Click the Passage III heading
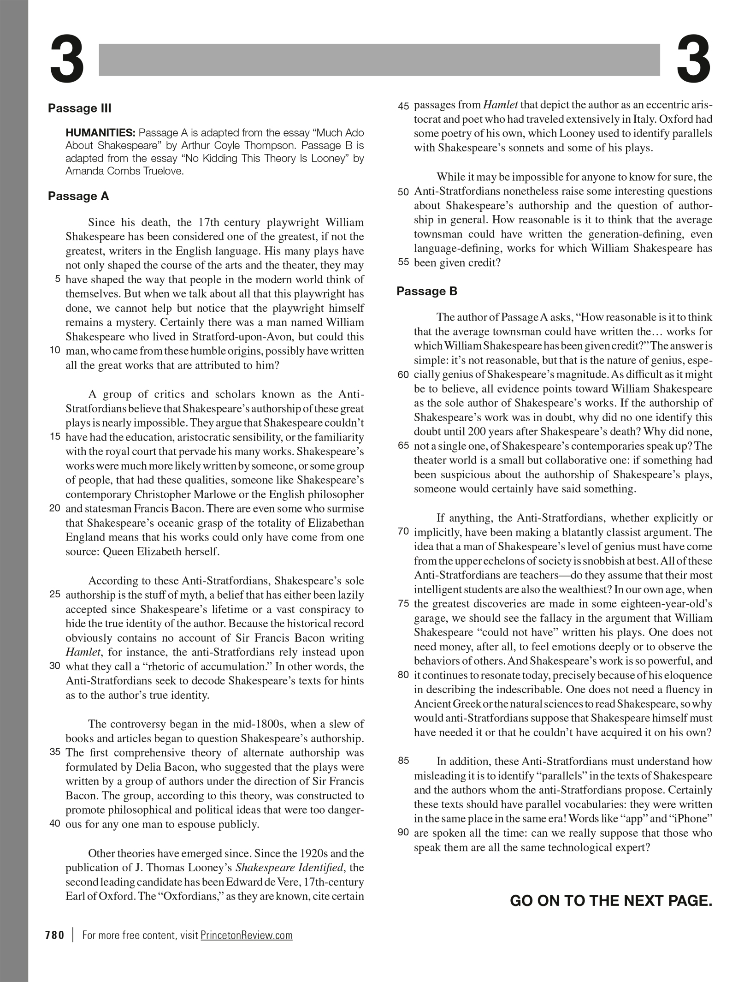coord(80,108)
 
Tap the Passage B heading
coord(427,291)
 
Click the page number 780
coord(54,935)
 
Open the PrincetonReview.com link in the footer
coord(247,935)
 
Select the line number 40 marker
coord(54,823)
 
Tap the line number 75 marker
coord(403,604)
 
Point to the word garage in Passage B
coord(430,619)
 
